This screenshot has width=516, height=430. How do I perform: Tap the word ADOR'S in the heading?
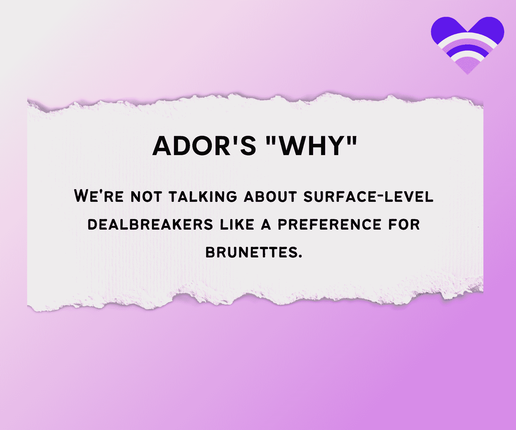(204, 146)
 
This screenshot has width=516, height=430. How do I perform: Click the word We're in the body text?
(99, 196)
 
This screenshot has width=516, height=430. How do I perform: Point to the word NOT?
(146, 197)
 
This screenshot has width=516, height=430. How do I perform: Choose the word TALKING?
(203, 197)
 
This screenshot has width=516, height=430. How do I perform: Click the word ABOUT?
(270, 197)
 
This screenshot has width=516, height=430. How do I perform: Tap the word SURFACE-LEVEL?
(368, 197)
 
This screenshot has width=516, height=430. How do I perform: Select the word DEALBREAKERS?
(150, 224)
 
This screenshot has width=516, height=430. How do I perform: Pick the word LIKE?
(237, 224)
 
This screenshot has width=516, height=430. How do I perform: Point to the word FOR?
(404, 224)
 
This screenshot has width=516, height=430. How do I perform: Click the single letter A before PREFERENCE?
(266, 224)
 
